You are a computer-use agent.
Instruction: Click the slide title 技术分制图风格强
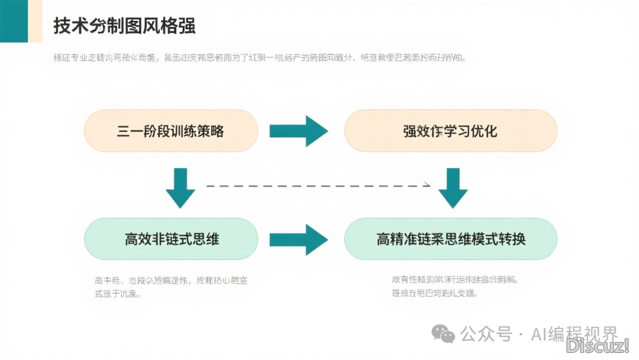point(124,27)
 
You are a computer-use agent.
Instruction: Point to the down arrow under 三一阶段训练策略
point(180,187)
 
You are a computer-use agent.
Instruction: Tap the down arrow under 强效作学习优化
point(453,187)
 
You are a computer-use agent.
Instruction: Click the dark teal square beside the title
point(13,21)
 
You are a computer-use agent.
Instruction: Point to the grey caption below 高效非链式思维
point(171,287)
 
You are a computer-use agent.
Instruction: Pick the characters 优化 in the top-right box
point(483,131)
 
